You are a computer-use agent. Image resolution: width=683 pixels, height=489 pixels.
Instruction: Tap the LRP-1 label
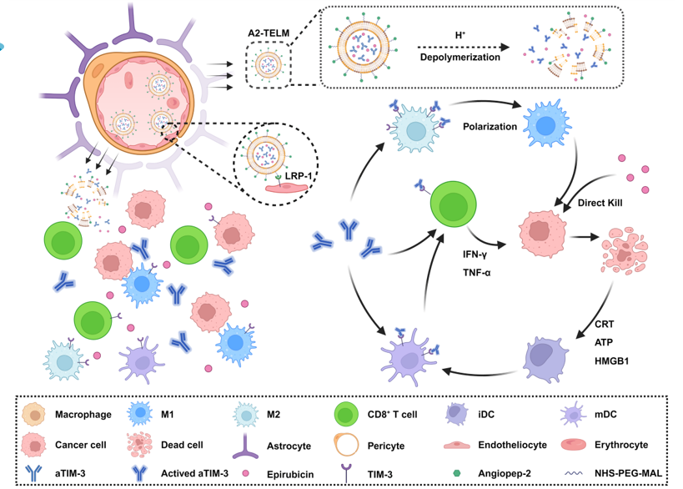pyautogui.click(x=291, y=176)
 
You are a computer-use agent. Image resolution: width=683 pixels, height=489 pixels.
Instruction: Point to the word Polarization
pyautogui.click(x=490, y=127)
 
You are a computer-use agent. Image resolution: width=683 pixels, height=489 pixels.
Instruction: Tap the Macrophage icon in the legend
pyautogui.click(x=34, y=414)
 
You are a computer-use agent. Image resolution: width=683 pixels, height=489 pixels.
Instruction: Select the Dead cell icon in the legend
pyautogui.click(x=139, y=444)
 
